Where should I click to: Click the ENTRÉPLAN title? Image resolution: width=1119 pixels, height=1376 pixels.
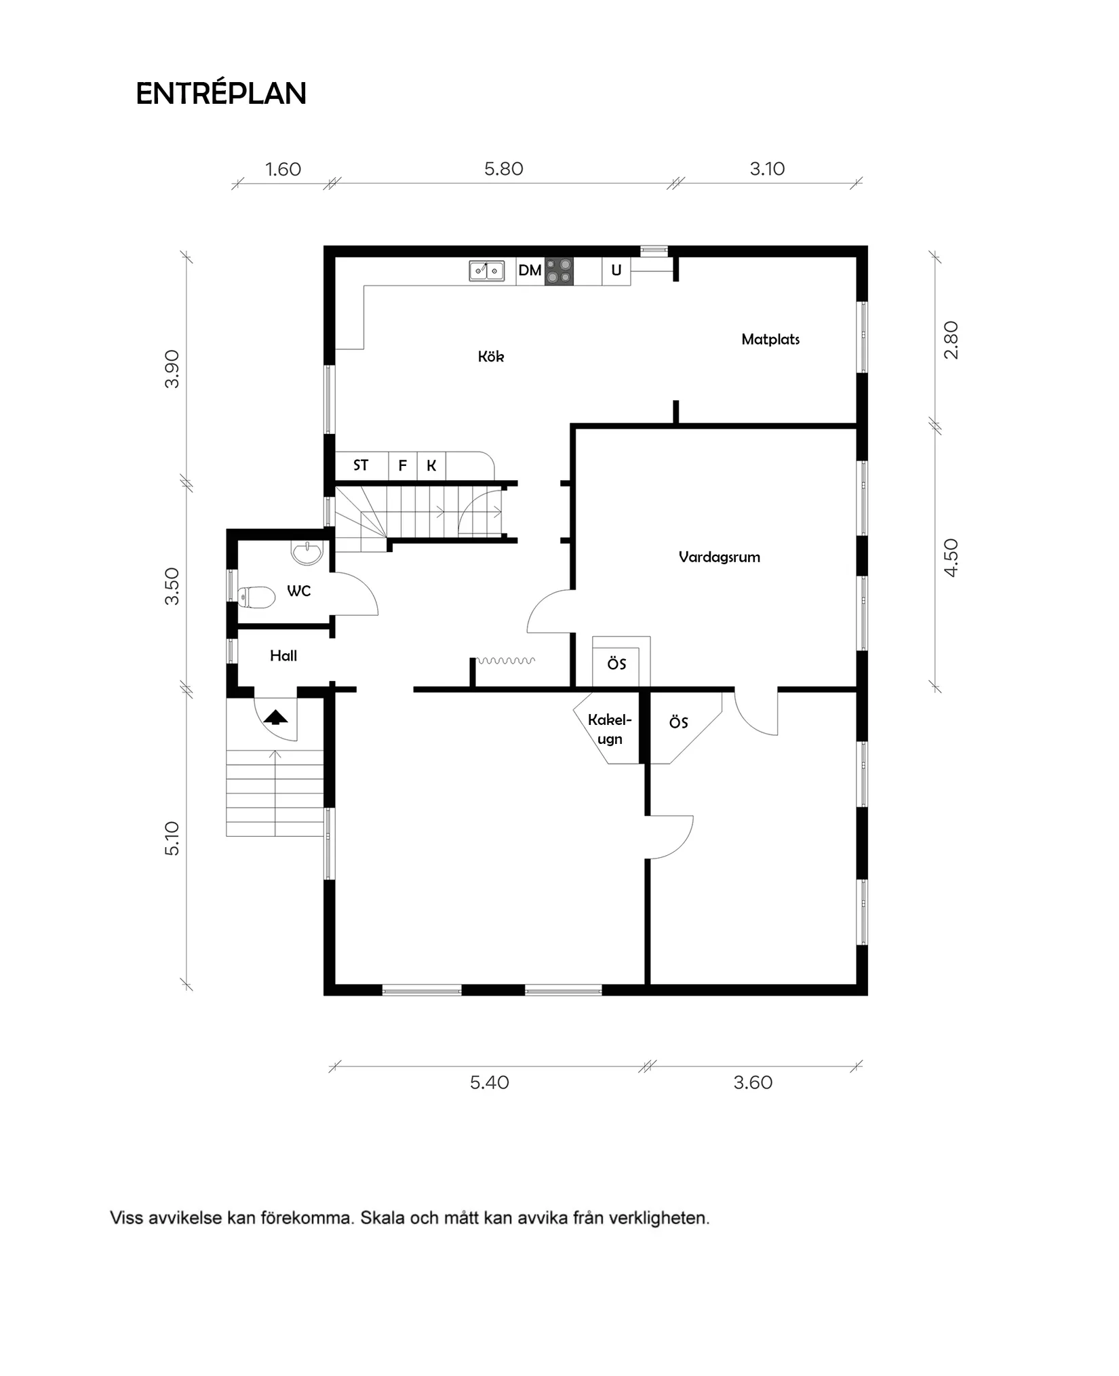[x=221, y=94]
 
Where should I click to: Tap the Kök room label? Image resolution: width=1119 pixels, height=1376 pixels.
[x=491, y=357]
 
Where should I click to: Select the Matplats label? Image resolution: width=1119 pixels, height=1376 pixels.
[x=770, y=339]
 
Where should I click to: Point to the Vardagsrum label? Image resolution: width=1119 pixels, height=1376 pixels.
[x=719, y=557]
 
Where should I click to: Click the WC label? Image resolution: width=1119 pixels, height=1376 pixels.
[x=298, y=591]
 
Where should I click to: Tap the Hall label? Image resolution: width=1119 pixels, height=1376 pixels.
[x=283, y=655]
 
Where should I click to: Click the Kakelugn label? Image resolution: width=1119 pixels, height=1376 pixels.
[x=609, y=729]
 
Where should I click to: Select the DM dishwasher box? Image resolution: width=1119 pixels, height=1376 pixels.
[x=530, y=271]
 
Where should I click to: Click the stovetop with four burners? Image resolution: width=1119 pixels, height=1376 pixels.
[x=559, y=271]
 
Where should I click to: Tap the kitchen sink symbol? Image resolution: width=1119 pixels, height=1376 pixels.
[x=487, y=271]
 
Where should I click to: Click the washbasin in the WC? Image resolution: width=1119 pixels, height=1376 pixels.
[x=307, y=552]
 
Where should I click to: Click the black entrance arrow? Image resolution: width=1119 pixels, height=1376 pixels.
[x=275, y=716]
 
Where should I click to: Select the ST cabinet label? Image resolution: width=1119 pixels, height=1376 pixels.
[x=361, y=465]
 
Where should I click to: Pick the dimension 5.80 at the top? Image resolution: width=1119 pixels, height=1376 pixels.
[x=504, y=169]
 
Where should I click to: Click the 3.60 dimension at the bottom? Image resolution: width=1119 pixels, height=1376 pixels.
[x=753, y=1082]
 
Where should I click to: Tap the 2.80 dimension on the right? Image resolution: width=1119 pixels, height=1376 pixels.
[x=951, y=340]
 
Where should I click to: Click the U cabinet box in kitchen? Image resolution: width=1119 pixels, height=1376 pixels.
[x=616, y=271]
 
